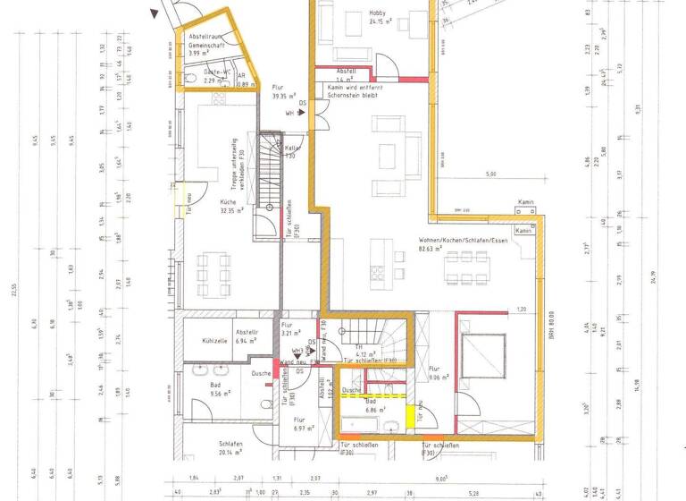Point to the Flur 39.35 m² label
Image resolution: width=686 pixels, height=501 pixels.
pos(284,92)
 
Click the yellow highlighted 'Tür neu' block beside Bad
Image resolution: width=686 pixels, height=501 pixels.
pos(412,415)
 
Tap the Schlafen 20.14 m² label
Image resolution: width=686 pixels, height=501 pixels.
pos(232,447)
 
